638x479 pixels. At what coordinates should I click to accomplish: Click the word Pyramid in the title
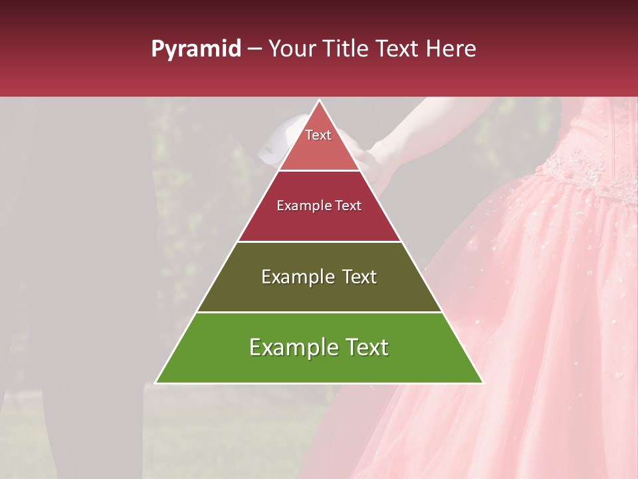pos(195,49)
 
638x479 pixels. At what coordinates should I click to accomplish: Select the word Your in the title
pos(291,49)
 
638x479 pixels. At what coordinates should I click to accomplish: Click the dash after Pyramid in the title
pos(254,50)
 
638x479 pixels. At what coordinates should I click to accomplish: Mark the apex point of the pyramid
pos(319,101)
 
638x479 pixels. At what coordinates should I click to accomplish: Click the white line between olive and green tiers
pos(319,312)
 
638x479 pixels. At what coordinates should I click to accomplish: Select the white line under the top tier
pos(319,171)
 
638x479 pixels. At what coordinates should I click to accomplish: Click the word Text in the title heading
pos(399,49)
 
